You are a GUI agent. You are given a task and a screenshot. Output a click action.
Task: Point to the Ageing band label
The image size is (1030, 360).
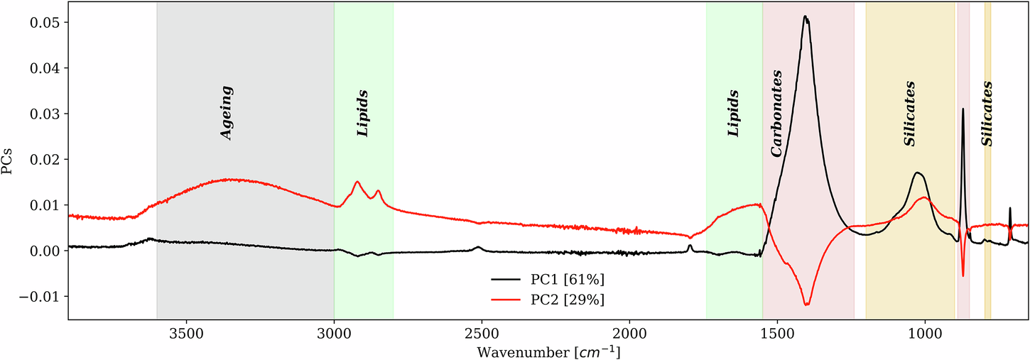(x=227, y=114)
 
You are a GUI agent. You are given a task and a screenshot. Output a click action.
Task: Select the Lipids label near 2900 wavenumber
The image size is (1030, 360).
(x=363, y=114)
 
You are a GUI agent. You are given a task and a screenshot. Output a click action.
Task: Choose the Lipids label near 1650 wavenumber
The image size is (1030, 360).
(x=734, y=114)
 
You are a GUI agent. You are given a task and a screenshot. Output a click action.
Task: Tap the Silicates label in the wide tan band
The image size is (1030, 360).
(x=909, y=114)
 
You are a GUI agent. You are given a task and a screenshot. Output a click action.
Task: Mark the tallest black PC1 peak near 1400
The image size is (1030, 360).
(x=805, y=16)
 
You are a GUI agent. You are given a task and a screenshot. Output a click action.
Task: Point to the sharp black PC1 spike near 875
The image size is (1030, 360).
(x=963, y=109)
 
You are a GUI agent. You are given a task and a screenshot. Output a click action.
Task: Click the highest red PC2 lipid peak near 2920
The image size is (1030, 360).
(x=357, y=182)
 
